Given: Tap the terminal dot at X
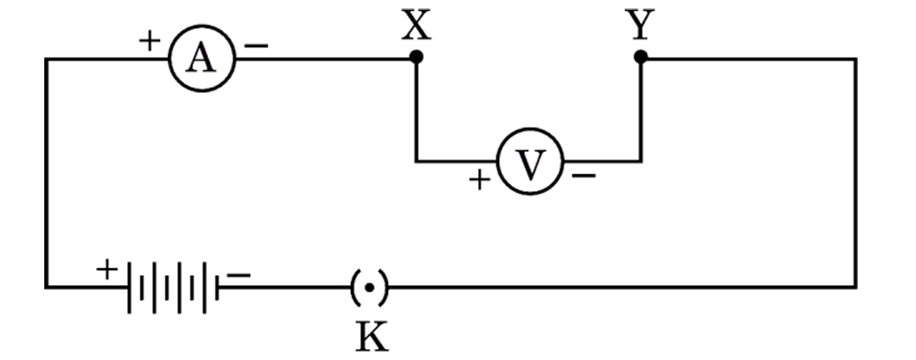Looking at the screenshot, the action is pos(416,57).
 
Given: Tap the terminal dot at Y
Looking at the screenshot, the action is pos(641,57).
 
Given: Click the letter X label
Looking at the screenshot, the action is pos(416,25).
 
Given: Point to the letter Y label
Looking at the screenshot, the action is pos(640,24).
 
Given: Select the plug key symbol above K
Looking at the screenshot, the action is pos(369,288).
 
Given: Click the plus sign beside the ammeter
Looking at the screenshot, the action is pos(150,41).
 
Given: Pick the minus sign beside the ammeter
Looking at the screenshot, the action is pos(256,46).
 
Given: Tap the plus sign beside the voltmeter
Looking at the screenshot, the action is pos(479,179).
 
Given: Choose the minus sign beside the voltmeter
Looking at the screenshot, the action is pos(584,176).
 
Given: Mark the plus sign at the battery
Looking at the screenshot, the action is pos(107,269).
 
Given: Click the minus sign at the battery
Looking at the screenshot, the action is pos(239,275).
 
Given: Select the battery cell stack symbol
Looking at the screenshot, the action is pos(173,288).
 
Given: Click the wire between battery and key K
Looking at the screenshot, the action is pos(285,288).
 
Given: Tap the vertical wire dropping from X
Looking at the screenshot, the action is pos(416,111).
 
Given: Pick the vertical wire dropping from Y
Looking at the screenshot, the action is pos(641,111).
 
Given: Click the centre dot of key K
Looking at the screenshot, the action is pos(369,288).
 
